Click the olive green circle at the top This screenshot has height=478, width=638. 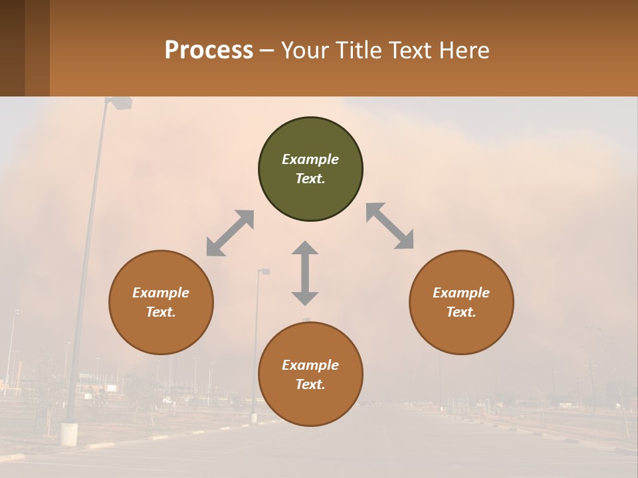pyautogui.click(x=310, y=169)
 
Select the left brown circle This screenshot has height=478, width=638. pyautogui.click(x=161, y=302)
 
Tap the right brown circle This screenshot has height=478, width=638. pyautogui.click(x=461, y=302)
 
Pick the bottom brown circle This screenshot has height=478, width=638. pyautogui.click(x=310, y=374)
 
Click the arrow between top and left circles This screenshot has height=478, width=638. pyautogui.click(x=230, y=233)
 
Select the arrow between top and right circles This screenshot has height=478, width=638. pyautogui.click(x=389, y=226)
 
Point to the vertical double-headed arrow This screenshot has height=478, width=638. pyautogui.click(x=305, y=273)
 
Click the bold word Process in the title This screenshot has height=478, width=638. pyautogui.click(x=209, y=50)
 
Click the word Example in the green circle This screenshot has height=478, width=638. pyautogui.click(x=310, y=159)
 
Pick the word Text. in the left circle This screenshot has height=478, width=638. pyautogui.click(x=161, y=312)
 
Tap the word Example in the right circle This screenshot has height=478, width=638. pyautogui.click(x=461, y=293)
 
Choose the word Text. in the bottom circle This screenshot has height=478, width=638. pyautogui.click(x=310, y=384)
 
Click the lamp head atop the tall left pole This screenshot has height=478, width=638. pyautogui.click(x=121, y=102)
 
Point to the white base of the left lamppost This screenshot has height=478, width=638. pyautogui.click(x=68, y=434)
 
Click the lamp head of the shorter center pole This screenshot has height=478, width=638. pyautogui.click(x=264, y=272)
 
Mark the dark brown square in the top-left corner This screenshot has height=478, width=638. pyautogui.click(x=12, y=48)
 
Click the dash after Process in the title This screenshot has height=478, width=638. pyautogui.click(x=267, y=50)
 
